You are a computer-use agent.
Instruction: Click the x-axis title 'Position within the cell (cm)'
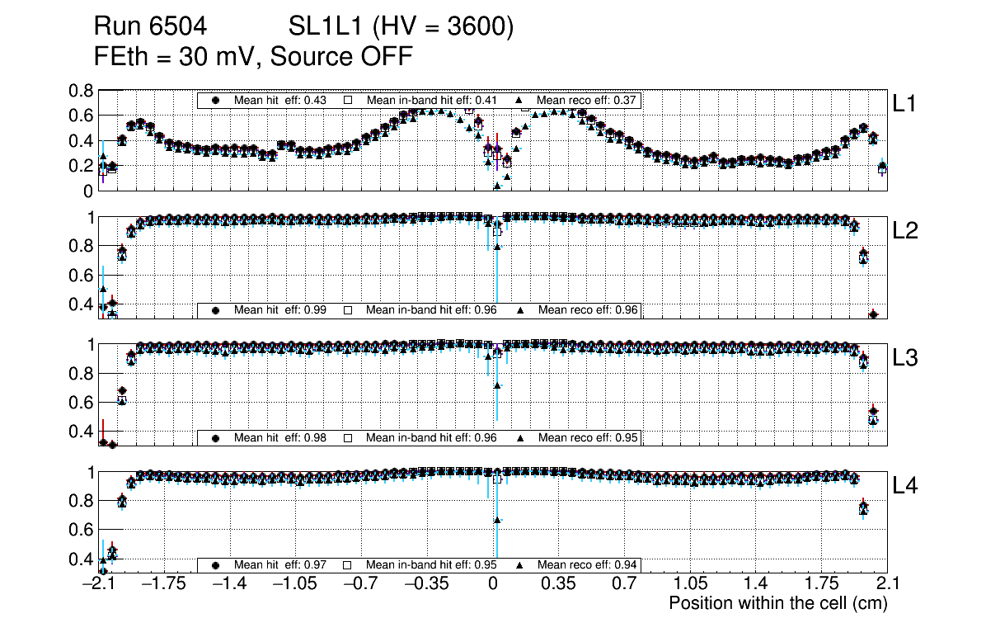[x=777, y=603]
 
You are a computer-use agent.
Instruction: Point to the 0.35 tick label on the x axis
[x=558, y=584]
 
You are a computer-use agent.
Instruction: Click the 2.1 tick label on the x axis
[x=886, y=584]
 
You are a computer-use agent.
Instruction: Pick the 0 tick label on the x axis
[x=492, y=584]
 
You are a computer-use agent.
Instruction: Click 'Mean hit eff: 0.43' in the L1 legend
[x=280, y=100]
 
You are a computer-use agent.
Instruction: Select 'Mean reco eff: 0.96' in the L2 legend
[x=589, y=310]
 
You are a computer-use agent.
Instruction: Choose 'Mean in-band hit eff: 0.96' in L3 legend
[x=431, y=437]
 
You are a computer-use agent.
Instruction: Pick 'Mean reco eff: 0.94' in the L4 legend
[x=589, y=565]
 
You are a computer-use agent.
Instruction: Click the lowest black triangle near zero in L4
[x=497, y=520]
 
